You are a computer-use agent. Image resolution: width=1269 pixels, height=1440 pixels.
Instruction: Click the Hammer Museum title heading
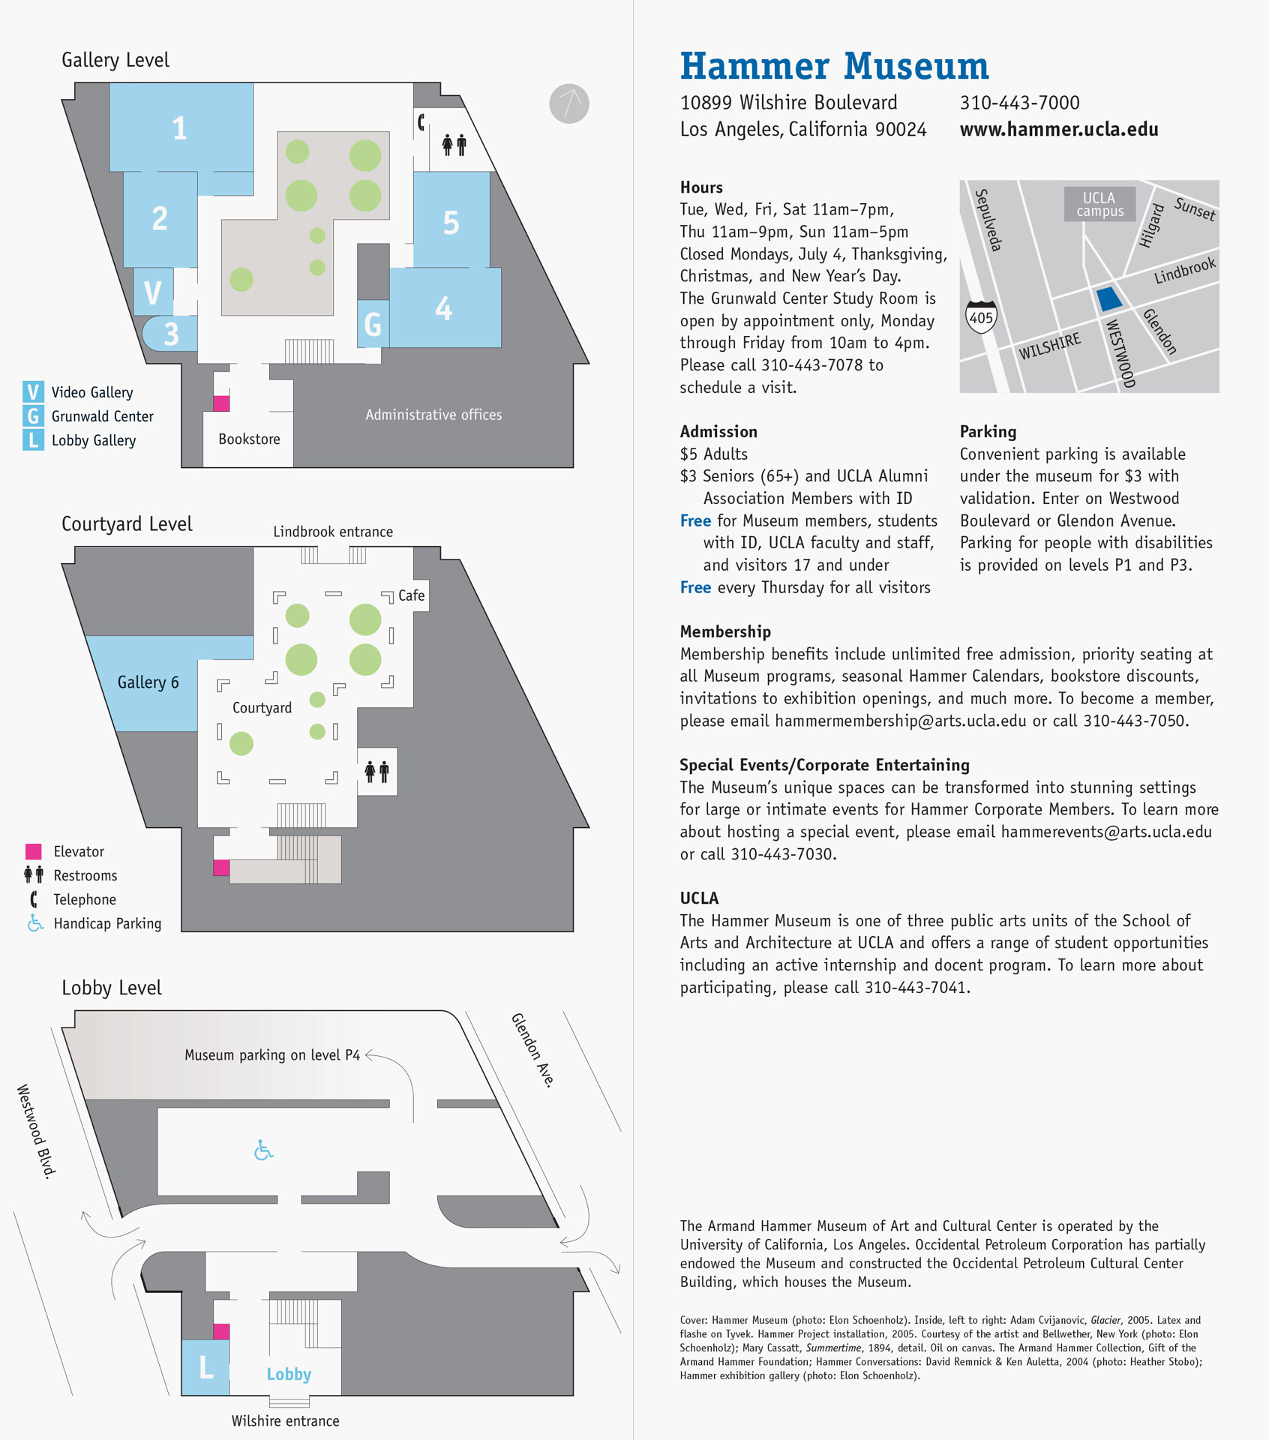[834, 66]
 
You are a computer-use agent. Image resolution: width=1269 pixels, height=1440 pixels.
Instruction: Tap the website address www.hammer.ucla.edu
[1058, 129]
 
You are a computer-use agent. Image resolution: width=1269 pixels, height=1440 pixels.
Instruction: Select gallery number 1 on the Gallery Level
[180, 128]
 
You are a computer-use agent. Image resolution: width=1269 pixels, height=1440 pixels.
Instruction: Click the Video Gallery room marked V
[153, 292]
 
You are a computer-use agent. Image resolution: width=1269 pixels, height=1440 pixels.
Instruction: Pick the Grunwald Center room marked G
[373, 324]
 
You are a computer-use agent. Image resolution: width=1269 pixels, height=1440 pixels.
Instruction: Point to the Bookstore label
[249, 439]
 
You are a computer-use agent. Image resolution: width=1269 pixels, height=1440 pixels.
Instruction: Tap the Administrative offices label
[433, 415]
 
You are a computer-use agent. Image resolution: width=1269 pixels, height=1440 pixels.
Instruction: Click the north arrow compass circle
[569, 103]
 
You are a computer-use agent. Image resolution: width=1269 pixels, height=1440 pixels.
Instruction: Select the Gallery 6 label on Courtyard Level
[148, 682]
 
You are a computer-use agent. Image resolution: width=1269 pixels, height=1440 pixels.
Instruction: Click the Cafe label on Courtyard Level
[411, 595]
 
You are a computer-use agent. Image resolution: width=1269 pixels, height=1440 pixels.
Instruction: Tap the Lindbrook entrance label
[333, 532]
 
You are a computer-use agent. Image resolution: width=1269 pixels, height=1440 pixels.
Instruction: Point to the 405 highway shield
[981, 317]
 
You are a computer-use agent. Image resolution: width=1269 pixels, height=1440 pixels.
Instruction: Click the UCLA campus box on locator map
[1099, 204]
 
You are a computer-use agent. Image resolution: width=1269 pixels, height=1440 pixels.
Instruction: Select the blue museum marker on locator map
[1109, 299]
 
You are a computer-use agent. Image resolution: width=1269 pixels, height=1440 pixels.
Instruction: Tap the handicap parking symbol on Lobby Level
[263, 1150]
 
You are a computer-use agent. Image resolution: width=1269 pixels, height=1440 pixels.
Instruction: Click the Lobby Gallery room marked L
[205, 1367]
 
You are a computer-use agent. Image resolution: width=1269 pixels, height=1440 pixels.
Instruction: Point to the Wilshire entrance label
[285, 1420]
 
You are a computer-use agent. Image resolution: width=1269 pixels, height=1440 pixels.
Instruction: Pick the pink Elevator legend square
[33, 851]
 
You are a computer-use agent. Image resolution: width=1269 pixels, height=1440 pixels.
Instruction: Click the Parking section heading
[988, 431]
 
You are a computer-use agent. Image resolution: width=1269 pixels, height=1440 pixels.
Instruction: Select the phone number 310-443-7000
[1019, 103]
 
